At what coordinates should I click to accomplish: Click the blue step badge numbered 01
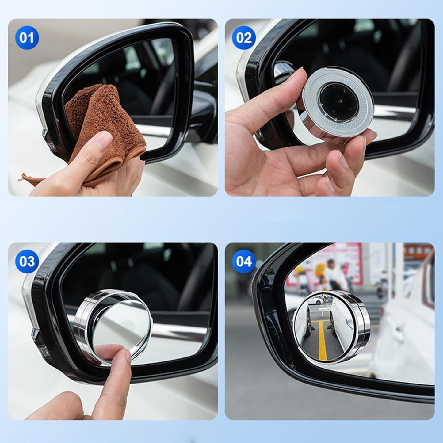click(27, 38)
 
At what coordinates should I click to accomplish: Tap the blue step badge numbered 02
click(244, 38)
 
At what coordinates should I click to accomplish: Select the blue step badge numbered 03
click(27, 262)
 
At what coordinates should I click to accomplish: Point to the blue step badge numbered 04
click(244, 262)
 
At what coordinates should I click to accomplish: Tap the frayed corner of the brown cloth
click(26, 177)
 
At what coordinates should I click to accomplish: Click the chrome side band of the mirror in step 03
click(81, 325)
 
